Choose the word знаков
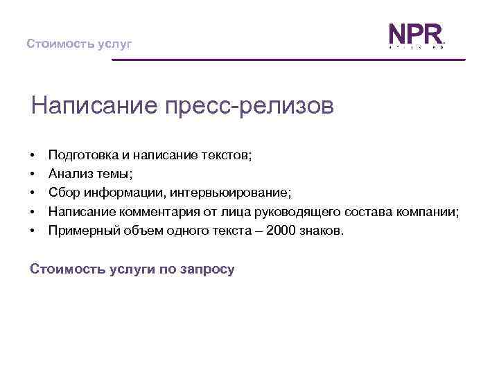pos(320,230)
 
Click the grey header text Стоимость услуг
pos(79,44)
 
